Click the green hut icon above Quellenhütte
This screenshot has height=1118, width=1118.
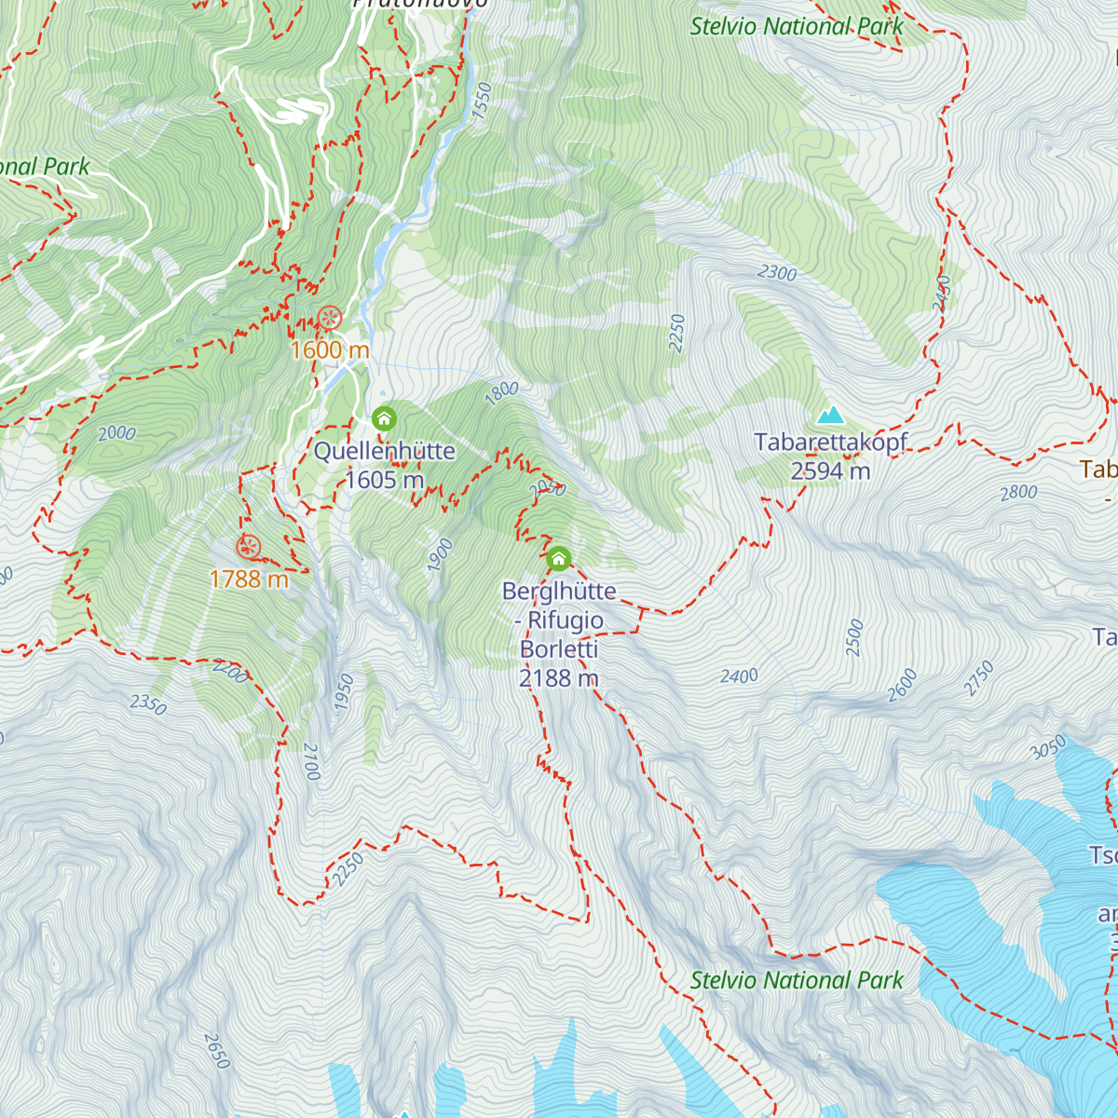(x=384, y=419)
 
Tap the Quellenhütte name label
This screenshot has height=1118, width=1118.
(x=384, y=451)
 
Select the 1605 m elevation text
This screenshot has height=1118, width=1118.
(x=384, y=480)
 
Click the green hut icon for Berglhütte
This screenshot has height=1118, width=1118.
(x=558, y=559)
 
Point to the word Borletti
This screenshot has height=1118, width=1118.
(x=559, y=649)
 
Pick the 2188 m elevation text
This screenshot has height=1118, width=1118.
(x=558, y=678)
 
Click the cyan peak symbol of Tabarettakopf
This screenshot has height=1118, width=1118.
(x=829, y=415)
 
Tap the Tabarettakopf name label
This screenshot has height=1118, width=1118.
(x=830, y=443)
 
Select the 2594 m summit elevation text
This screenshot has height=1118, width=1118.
(x=830, y=471)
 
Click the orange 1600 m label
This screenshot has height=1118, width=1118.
(x=330, y=350)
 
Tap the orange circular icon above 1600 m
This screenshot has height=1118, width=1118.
(x=329, y=319)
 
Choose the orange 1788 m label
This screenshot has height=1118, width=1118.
(x=249, y=579)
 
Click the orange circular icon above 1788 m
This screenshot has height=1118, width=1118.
(x=248, y=547)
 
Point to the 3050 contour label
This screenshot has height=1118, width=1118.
(x=1049, y=747)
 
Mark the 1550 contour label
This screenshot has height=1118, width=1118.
(x=481, y=100)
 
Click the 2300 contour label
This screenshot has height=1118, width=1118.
(x=777, y=273)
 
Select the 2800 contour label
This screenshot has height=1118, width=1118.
(x=1018, y=493)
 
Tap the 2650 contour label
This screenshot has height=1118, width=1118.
(x=215, y=1051)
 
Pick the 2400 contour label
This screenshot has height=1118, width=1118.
(x=739, y=676)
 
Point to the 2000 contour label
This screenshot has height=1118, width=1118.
(x=116, y=433)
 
